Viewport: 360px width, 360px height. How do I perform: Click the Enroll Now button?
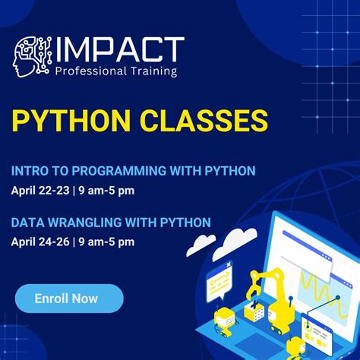tap(68, 298)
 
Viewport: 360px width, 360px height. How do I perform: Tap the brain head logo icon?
tap(31, 55)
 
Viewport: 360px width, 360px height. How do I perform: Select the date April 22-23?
tap(39, 190)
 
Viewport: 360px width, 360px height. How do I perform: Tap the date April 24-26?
tap(39, 242)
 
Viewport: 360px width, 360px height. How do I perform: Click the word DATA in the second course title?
tap(27, 223)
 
